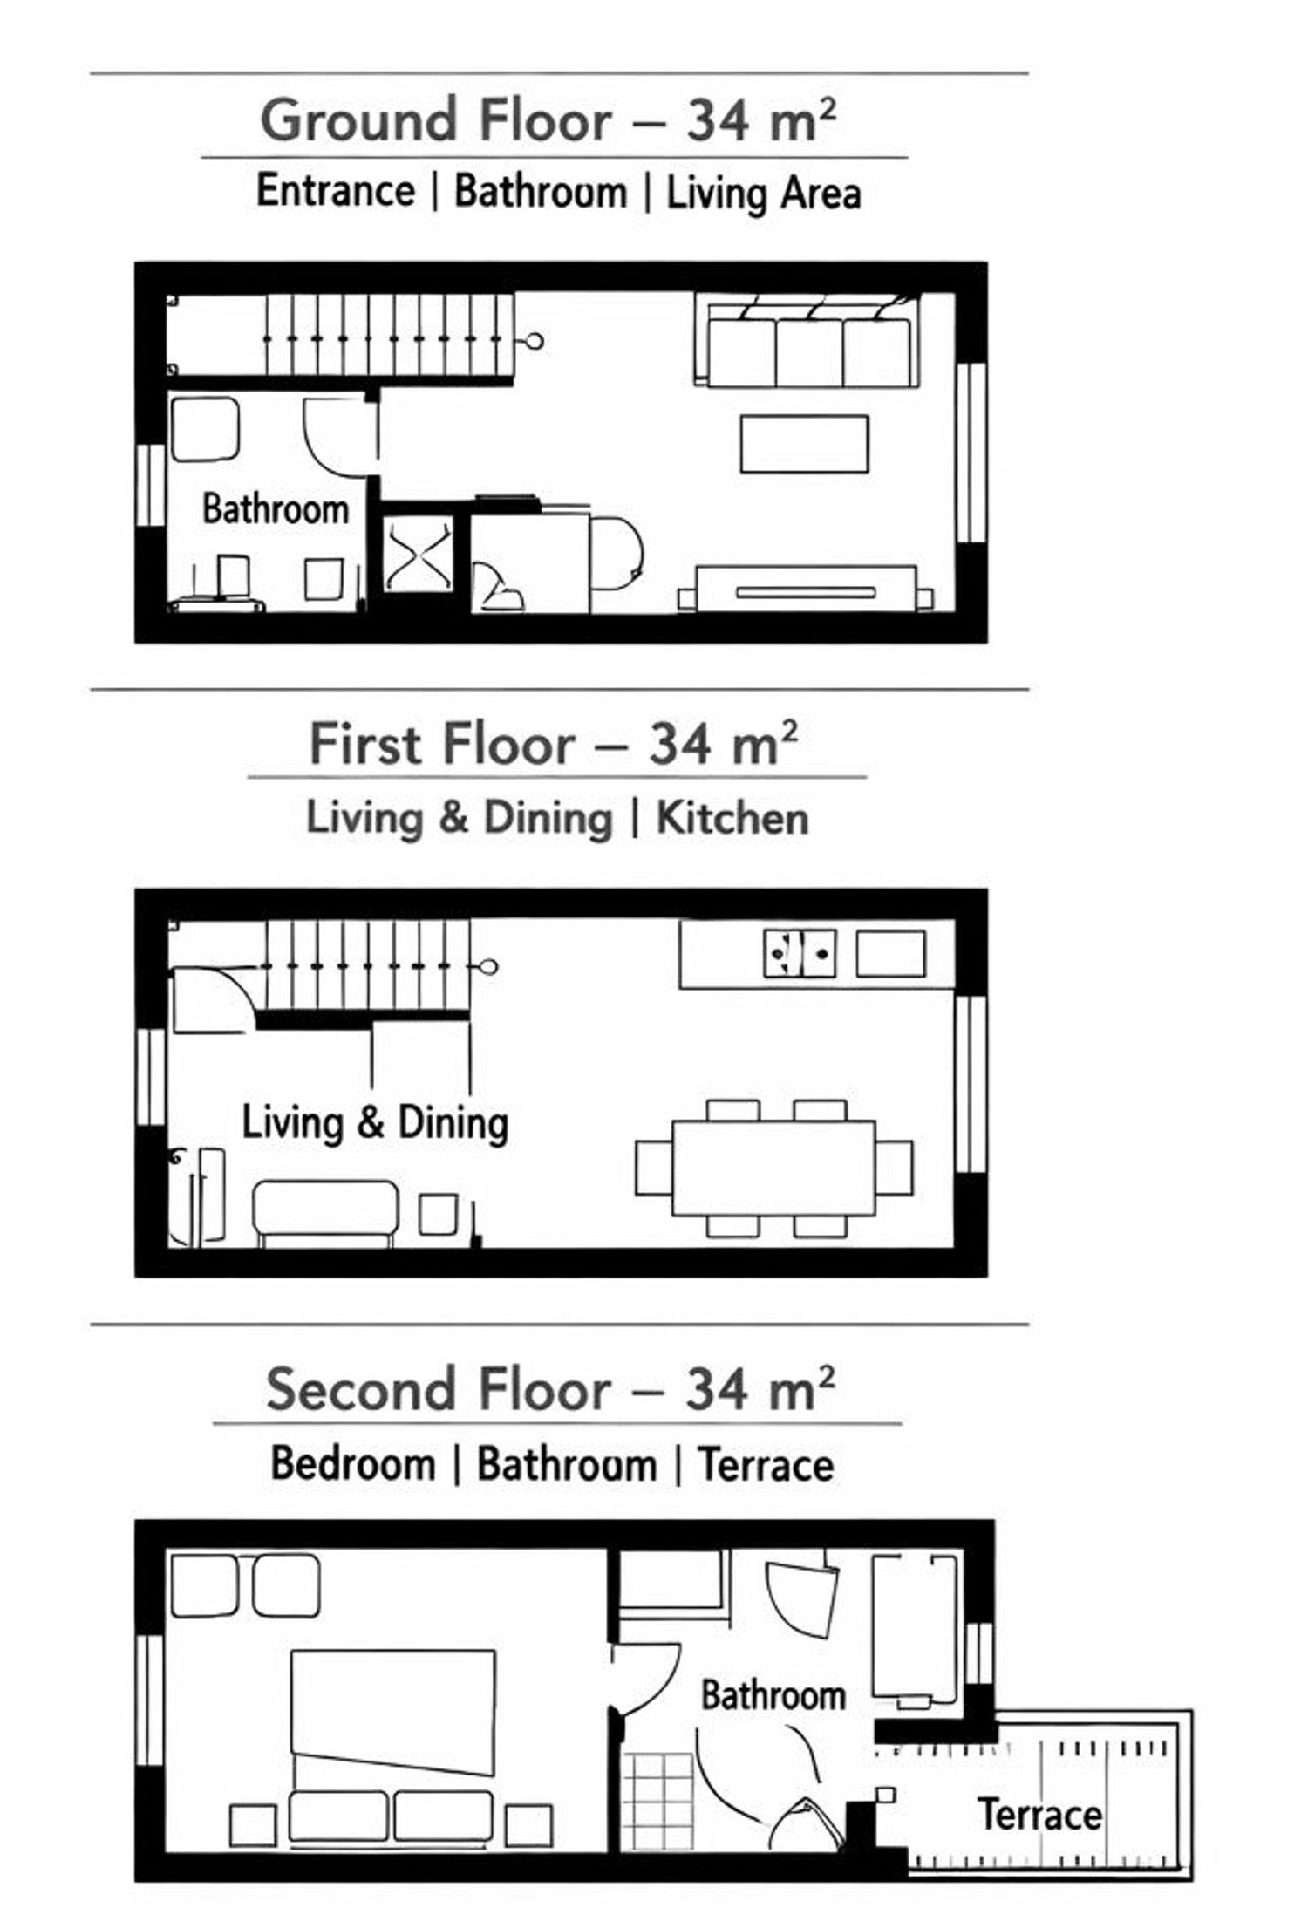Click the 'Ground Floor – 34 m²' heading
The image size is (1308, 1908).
coord(548,119)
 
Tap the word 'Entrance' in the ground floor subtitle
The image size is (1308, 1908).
coord(336,191)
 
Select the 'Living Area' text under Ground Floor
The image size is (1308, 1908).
coord(764,193)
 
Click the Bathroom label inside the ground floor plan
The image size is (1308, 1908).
coord(276,509)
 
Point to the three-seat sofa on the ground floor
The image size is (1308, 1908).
coord(807,343)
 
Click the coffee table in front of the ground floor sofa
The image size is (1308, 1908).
coord(804,444)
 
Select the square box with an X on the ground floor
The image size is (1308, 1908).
coord(419,555)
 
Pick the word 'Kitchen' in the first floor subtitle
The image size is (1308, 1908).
coord(732,819)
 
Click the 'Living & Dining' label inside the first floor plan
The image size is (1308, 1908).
coord(375,1123)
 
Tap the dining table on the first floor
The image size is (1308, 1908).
coord(773,1169)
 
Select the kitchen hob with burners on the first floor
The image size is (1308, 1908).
coord(800,953)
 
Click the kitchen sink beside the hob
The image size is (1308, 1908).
coord(890,953)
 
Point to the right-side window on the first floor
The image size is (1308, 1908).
coord(971,1085)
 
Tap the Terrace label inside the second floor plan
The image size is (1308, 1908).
coord(1039,1816)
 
